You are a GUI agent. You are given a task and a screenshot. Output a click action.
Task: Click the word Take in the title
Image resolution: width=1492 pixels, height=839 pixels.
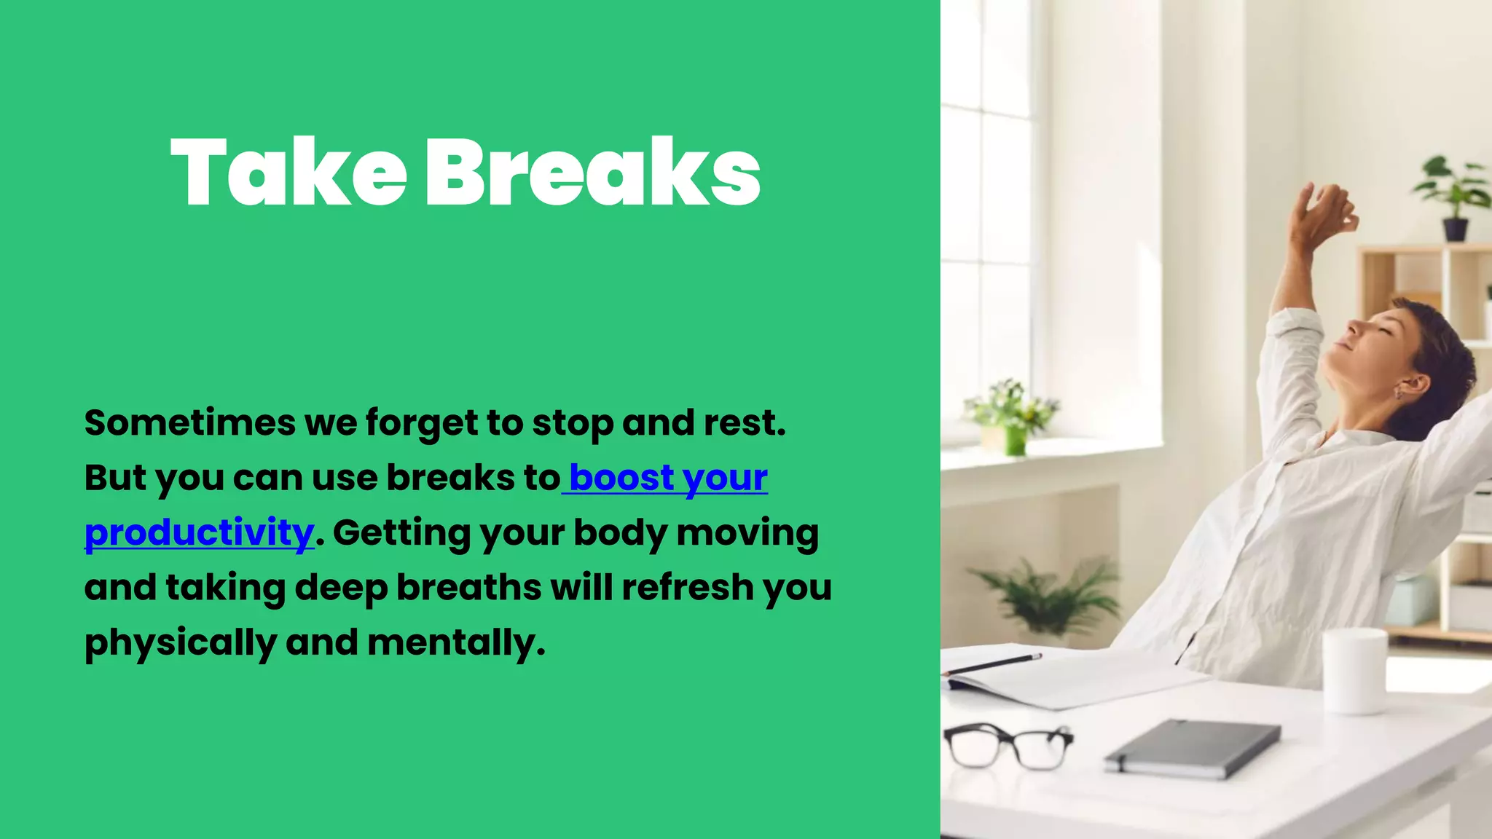pyautogui.click(x=288, y=173)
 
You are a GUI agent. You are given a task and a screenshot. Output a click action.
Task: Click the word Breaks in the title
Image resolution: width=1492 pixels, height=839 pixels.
pyautogui.click(x=592, y=173)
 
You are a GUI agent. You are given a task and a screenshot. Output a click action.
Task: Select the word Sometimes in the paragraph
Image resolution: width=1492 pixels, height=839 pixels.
pyautogui.click(x=189, y=423)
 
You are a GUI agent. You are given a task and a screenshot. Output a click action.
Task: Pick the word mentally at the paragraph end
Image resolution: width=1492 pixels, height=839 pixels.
pyautogui.click(x=455, y=643)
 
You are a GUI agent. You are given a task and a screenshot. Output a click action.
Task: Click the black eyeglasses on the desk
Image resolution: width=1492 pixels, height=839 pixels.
pyautogui.click(x=1008, y=745)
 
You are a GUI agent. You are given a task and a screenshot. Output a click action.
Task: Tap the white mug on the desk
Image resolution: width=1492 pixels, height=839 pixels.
pyautogui.click(x=1354, y=670)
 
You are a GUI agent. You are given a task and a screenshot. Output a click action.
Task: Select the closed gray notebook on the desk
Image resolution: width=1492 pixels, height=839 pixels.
pyautogui.click(x=1192, y=748)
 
